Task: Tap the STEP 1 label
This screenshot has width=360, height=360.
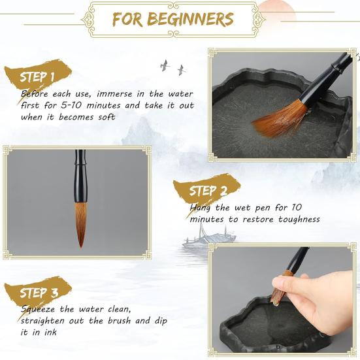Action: pyautogui.click(x=37, y=77)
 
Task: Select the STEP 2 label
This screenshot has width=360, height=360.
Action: pyautogui.click(x=208, y=191)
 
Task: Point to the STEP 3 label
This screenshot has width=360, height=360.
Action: pyautogui.click(x=39, y=293)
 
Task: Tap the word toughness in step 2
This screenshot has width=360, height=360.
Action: pyautogui.click(x=299, y=220)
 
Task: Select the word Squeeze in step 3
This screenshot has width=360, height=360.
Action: pyautogui.click(x=38, y=310)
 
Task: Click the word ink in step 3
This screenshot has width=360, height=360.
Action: pyautogui.click(x=50, y=332)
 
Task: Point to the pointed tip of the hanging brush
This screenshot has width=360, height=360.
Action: pyautogui.click(x=81, y=248)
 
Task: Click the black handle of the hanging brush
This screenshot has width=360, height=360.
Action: pyautogui.click(x=81, y=176)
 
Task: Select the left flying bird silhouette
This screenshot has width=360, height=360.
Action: pyautogui.click(x=165, y=65)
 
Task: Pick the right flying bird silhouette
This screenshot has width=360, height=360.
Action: pyautogui.click(x=182, y=70)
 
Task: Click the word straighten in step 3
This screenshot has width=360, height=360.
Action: pyautogui.click(x=42, y=321)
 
